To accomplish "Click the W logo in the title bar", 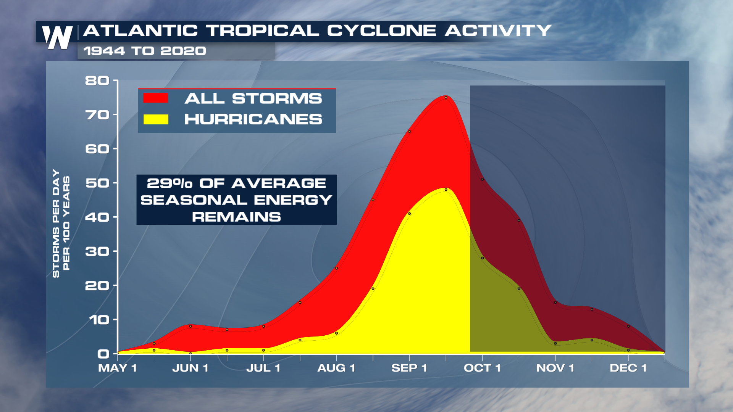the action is click(57, 37).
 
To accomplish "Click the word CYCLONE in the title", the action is click(381, 31).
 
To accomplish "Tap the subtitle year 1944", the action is click(104, 51).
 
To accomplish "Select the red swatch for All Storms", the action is click(156, 98).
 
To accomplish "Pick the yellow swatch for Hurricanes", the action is click(156, 119).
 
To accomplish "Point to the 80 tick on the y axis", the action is click(113, 80).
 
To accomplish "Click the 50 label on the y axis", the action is click(97, 183).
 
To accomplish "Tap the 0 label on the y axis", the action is click(103, 354).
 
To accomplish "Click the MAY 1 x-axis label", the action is click(117, 368).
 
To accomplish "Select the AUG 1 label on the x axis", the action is click(336, 368).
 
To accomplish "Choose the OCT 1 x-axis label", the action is click(482, 368).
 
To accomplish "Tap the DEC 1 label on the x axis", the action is click(628, 368).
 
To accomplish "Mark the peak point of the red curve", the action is click(446, 97).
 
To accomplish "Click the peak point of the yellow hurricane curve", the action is click(446, 190).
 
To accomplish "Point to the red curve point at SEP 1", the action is click(409, 132).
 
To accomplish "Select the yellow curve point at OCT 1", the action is click(483, 258).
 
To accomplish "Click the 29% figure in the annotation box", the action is click(170, 183).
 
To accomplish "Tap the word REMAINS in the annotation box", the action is click(236, 217).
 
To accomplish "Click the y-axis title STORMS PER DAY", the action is click(56, 223).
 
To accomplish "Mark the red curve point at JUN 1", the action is click(191, 326).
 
